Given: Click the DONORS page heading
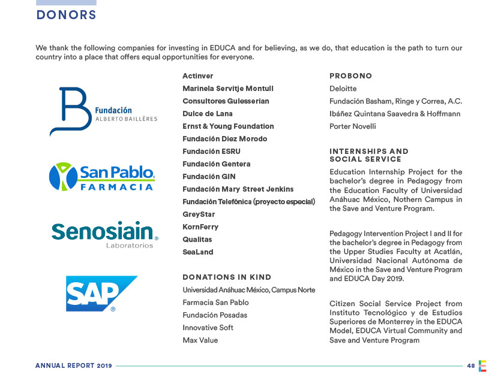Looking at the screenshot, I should click(66, 16).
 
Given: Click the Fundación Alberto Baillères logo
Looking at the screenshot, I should click(103, 112).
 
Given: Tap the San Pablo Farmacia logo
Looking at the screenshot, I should click(102, 177).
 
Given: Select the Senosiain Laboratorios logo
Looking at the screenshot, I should click(104, 234).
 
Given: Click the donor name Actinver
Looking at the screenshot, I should click(197, 76).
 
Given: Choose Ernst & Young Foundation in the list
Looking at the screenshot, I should click(228, 126).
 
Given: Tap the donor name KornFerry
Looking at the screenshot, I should click(200, 227).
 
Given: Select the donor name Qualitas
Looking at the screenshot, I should click(197, 240).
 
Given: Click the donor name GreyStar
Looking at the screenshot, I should click(199, 214).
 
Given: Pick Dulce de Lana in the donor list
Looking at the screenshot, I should click(208, 114).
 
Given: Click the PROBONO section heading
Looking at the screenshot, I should click(351, 76).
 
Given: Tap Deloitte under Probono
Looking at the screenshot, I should click(343, 89).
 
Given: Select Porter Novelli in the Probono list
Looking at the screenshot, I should click(353, 126).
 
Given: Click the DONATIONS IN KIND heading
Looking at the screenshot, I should click(227, 277).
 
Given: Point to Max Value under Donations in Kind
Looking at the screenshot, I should click(200, 340).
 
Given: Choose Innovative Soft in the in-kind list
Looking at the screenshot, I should click(208, 328).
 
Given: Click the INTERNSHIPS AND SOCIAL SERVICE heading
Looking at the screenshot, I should click(368, 155).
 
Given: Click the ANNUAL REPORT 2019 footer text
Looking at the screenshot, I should click(73, 365).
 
